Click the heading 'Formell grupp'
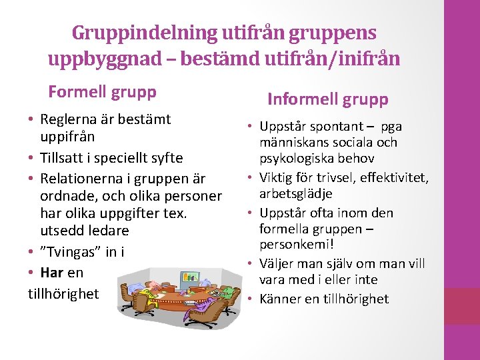coord(102,91)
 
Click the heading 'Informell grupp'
coord(327,99)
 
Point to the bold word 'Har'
coord(52,273)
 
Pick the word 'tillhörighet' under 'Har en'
coord(63,293)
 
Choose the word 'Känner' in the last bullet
coord(280,299)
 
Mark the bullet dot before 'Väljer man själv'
coord(252,264)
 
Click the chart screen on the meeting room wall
coord(191,275)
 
